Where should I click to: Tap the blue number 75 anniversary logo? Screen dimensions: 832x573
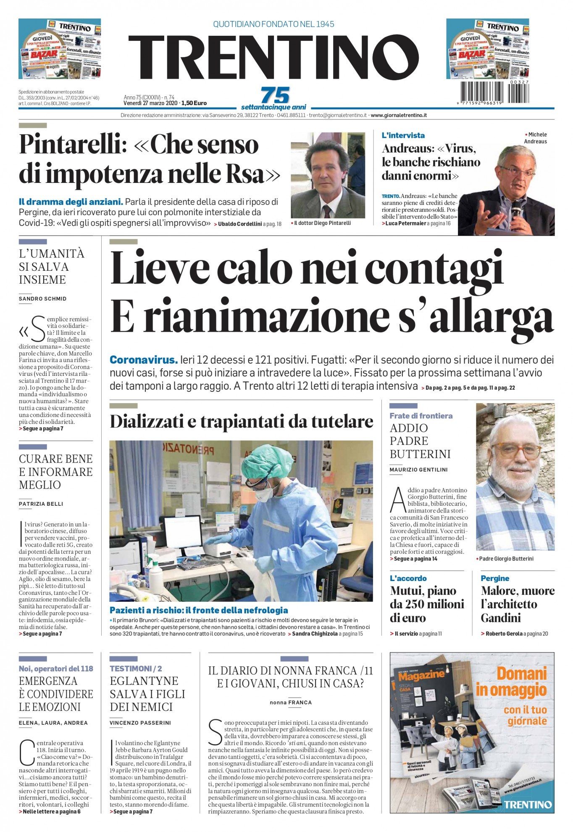[275, 95]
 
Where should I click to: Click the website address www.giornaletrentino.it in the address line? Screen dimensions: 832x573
[399, 115]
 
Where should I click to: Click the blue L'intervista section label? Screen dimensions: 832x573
[403, 135]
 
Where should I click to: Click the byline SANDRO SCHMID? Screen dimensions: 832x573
[42, 298]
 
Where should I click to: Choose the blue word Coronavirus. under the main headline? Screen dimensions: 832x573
[144, 360]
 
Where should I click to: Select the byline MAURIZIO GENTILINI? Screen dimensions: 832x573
[418, 470]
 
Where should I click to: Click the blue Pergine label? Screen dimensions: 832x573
[494, 578]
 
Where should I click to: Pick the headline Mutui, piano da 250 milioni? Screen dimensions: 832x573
[427, 604]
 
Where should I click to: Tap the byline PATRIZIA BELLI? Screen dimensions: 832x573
[41, 504]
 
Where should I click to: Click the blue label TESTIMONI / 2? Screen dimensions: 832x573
[136, 668]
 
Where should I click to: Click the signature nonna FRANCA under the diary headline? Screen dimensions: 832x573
[291, 703]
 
